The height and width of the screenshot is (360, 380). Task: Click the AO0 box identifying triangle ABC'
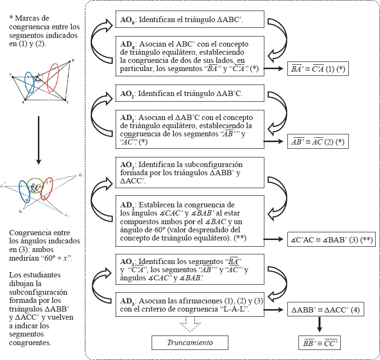click(x=190, y=21)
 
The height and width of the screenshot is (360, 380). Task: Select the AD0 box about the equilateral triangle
click(x=190, y=56)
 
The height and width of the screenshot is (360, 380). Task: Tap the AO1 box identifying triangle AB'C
click(x=190, y=93)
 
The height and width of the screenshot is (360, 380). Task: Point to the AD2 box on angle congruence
click(x=190, y=221)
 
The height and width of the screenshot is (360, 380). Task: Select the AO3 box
click(x=190, y=270)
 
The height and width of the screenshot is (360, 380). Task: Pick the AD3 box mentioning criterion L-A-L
click(x=190, y=305)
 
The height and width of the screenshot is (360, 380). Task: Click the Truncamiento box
click(x=190, y=343)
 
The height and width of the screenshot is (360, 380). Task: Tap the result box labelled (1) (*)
click(x=317, y=70)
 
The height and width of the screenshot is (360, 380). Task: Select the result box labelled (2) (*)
click(x=317, y=142)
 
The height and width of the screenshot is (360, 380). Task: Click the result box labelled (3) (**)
click(x=331, y=239)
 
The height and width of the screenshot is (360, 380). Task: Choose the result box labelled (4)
click(x=324, y=310)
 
